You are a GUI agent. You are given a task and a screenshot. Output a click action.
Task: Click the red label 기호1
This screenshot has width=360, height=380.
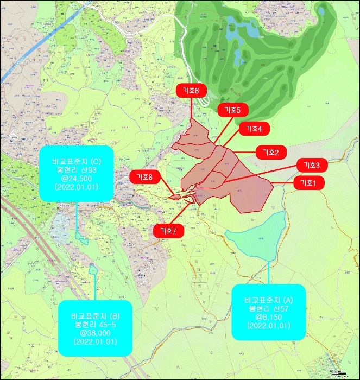tap(308, 183)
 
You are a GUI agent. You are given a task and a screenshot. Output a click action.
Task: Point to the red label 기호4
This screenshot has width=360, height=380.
tap(254, 129)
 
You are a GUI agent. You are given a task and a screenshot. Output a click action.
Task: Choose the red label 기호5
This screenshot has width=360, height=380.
tap(232, 110)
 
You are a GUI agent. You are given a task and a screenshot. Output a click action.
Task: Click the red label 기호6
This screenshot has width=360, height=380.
tap(191, 91)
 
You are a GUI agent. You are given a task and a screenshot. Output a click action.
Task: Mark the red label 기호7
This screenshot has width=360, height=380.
tap(168, 231)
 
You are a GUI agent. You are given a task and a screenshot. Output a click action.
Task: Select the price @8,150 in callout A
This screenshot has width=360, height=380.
tap(268, 317)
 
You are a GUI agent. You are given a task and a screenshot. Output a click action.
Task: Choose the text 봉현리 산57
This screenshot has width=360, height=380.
tap(268, 309)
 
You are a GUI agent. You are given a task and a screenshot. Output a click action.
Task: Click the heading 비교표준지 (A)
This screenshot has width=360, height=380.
tap(268, 300)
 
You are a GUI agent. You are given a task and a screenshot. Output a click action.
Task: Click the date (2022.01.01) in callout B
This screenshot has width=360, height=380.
tap(95, 341)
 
